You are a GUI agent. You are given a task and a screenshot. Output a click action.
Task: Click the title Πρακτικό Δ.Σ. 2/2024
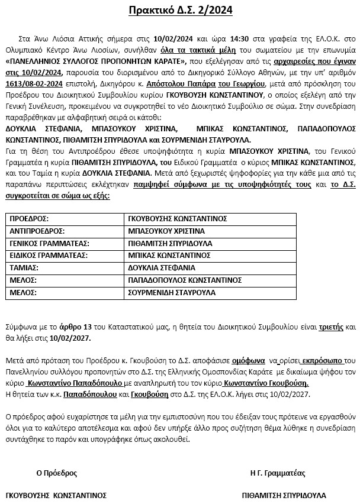tap(180, 10)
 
